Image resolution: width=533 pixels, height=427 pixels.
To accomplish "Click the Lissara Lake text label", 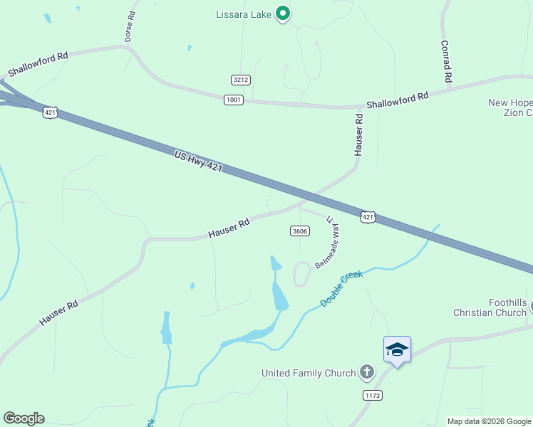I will coord(244,14).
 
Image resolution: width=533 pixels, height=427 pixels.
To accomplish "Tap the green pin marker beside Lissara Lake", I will coord(283,14).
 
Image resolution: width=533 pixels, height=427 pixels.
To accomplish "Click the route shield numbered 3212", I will coord(241,80).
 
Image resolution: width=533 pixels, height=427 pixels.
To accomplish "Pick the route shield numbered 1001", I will coord(233,100).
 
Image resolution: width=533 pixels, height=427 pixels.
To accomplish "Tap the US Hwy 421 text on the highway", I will coord(199,161).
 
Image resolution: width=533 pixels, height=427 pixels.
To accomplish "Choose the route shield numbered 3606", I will coord(300,231).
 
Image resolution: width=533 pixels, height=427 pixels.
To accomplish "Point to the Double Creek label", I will coord(341,288).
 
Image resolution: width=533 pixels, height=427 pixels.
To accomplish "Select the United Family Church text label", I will coord(308,373).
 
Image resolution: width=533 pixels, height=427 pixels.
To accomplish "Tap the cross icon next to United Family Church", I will coord(366,371).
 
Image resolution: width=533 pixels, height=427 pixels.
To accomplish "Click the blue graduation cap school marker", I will coord(397,350).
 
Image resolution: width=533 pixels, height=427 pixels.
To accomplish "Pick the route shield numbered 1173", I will coord(371,394).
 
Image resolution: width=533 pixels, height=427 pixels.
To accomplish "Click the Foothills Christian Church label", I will coord(490,307).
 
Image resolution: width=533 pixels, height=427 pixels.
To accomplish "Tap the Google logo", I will coord(24,418).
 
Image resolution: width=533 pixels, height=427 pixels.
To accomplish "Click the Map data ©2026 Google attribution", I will coord(489,421).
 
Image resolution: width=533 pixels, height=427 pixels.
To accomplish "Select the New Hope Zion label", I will coord(510,107).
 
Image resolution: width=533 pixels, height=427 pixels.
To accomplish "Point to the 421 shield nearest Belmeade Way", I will coord(368,217).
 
